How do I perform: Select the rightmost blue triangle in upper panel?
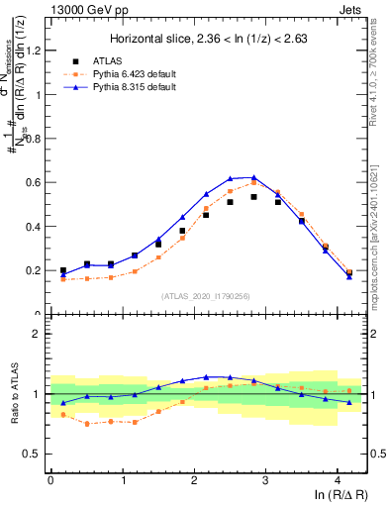tap(349, 276)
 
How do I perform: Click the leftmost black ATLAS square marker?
tap(63, 270)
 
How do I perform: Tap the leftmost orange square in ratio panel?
tap(63, 415)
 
